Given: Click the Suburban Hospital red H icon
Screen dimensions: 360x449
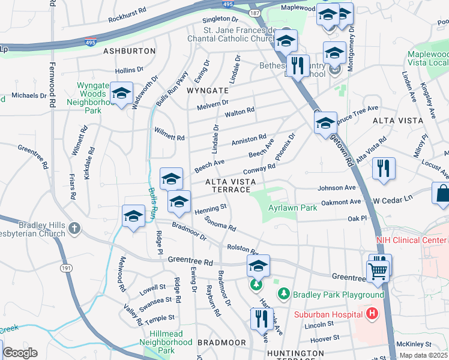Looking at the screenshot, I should [x=372, y=313].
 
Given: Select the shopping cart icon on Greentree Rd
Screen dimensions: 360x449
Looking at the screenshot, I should [x=378, y=270].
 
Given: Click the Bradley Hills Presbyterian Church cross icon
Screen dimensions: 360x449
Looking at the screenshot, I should [x=74, y=228].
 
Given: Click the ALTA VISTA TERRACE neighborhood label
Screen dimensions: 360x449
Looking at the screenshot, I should [x=228, y=185].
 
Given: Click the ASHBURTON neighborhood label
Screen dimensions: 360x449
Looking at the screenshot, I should [x=130, y=52].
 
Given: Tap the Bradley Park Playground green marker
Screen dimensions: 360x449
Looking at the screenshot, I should [x=283, y=294].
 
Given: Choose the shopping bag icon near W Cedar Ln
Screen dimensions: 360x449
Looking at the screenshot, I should [x=441, y=194].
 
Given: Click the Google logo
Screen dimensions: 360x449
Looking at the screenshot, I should [x=20, y=353].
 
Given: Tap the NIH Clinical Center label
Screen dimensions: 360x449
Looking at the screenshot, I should [x=412, y=240].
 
